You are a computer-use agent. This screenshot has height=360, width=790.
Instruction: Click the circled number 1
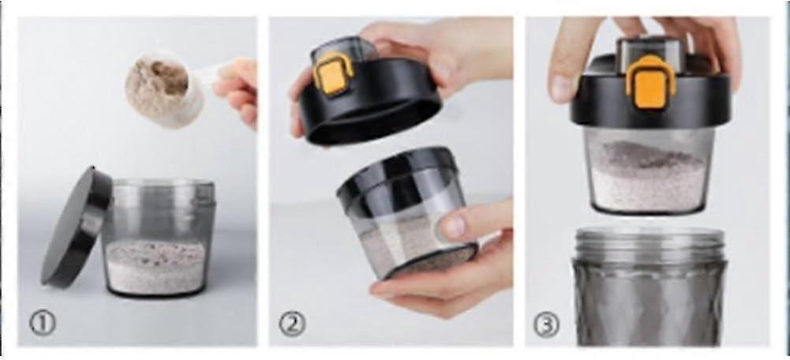point(43,323)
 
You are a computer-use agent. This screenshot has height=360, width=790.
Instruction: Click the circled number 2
point(292,324)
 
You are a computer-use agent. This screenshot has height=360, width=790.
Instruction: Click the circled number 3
point(546,324)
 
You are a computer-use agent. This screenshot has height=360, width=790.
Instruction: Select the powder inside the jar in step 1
point(155,266)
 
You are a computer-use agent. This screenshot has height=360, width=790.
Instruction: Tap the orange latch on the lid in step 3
point(650,83)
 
